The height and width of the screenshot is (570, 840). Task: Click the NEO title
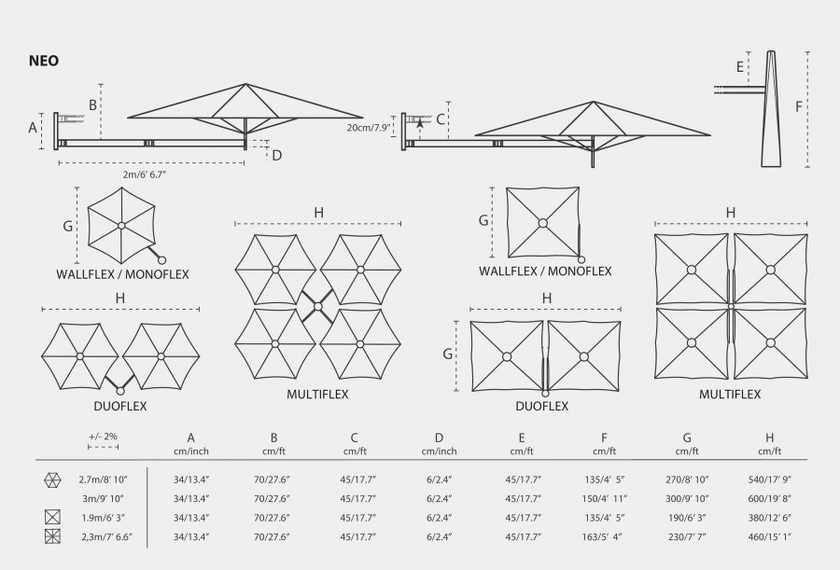44,61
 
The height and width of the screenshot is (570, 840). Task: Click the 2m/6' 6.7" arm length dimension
145,174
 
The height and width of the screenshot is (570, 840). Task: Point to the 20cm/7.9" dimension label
368,128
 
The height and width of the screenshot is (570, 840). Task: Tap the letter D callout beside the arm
276,156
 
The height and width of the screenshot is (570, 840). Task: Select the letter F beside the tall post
799,107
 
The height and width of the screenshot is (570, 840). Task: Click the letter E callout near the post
740,67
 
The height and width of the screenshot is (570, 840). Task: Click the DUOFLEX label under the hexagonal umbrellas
120,406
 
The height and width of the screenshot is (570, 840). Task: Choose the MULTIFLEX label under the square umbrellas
730,395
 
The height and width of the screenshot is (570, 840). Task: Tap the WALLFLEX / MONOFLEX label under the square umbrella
545,271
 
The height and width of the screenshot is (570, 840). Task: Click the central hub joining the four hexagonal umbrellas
317,306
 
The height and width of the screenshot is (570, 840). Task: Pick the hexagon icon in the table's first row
52,480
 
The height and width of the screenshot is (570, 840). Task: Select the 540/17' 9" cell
769,480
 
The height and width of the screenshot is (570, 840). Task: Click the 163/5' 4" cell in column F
604,536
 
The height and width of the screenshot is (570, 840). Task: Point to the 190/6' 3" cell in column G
687,518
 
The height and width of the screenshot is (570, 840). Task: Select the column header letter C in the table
354,438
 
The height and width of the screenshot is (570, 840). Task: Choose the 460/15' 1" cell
769,536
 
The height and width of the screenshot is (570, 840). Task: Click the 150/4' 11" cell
604,499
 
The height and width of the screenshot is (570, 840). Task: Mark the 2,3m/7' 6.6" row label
106,536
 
